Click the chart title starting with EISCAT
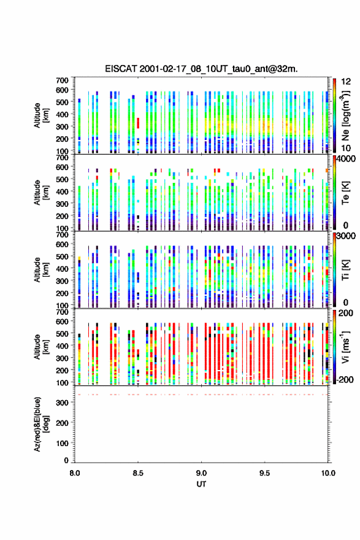click(201, 69)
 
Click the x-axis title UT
click(201, 484)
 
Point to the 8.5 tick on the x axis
click(138, 473)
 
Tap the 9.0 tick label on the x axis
click(201, 473)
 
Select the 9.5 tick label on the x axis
click(265, 473)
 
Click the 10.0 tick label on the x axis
click(328, 473)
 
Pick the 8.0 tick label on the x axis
click(75, 473)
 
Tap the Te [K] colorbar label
click(345, 193)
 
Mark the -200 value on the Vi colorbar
click(345, 379)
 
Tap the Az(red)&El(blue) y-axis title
click(41, 424)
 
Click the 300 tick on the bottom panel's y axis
click(63, 403)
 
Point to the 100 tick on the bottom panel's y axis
click(63, 443)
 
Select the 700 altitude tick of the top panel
click(63, 80)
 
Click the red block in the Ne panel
click(138, 123)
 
